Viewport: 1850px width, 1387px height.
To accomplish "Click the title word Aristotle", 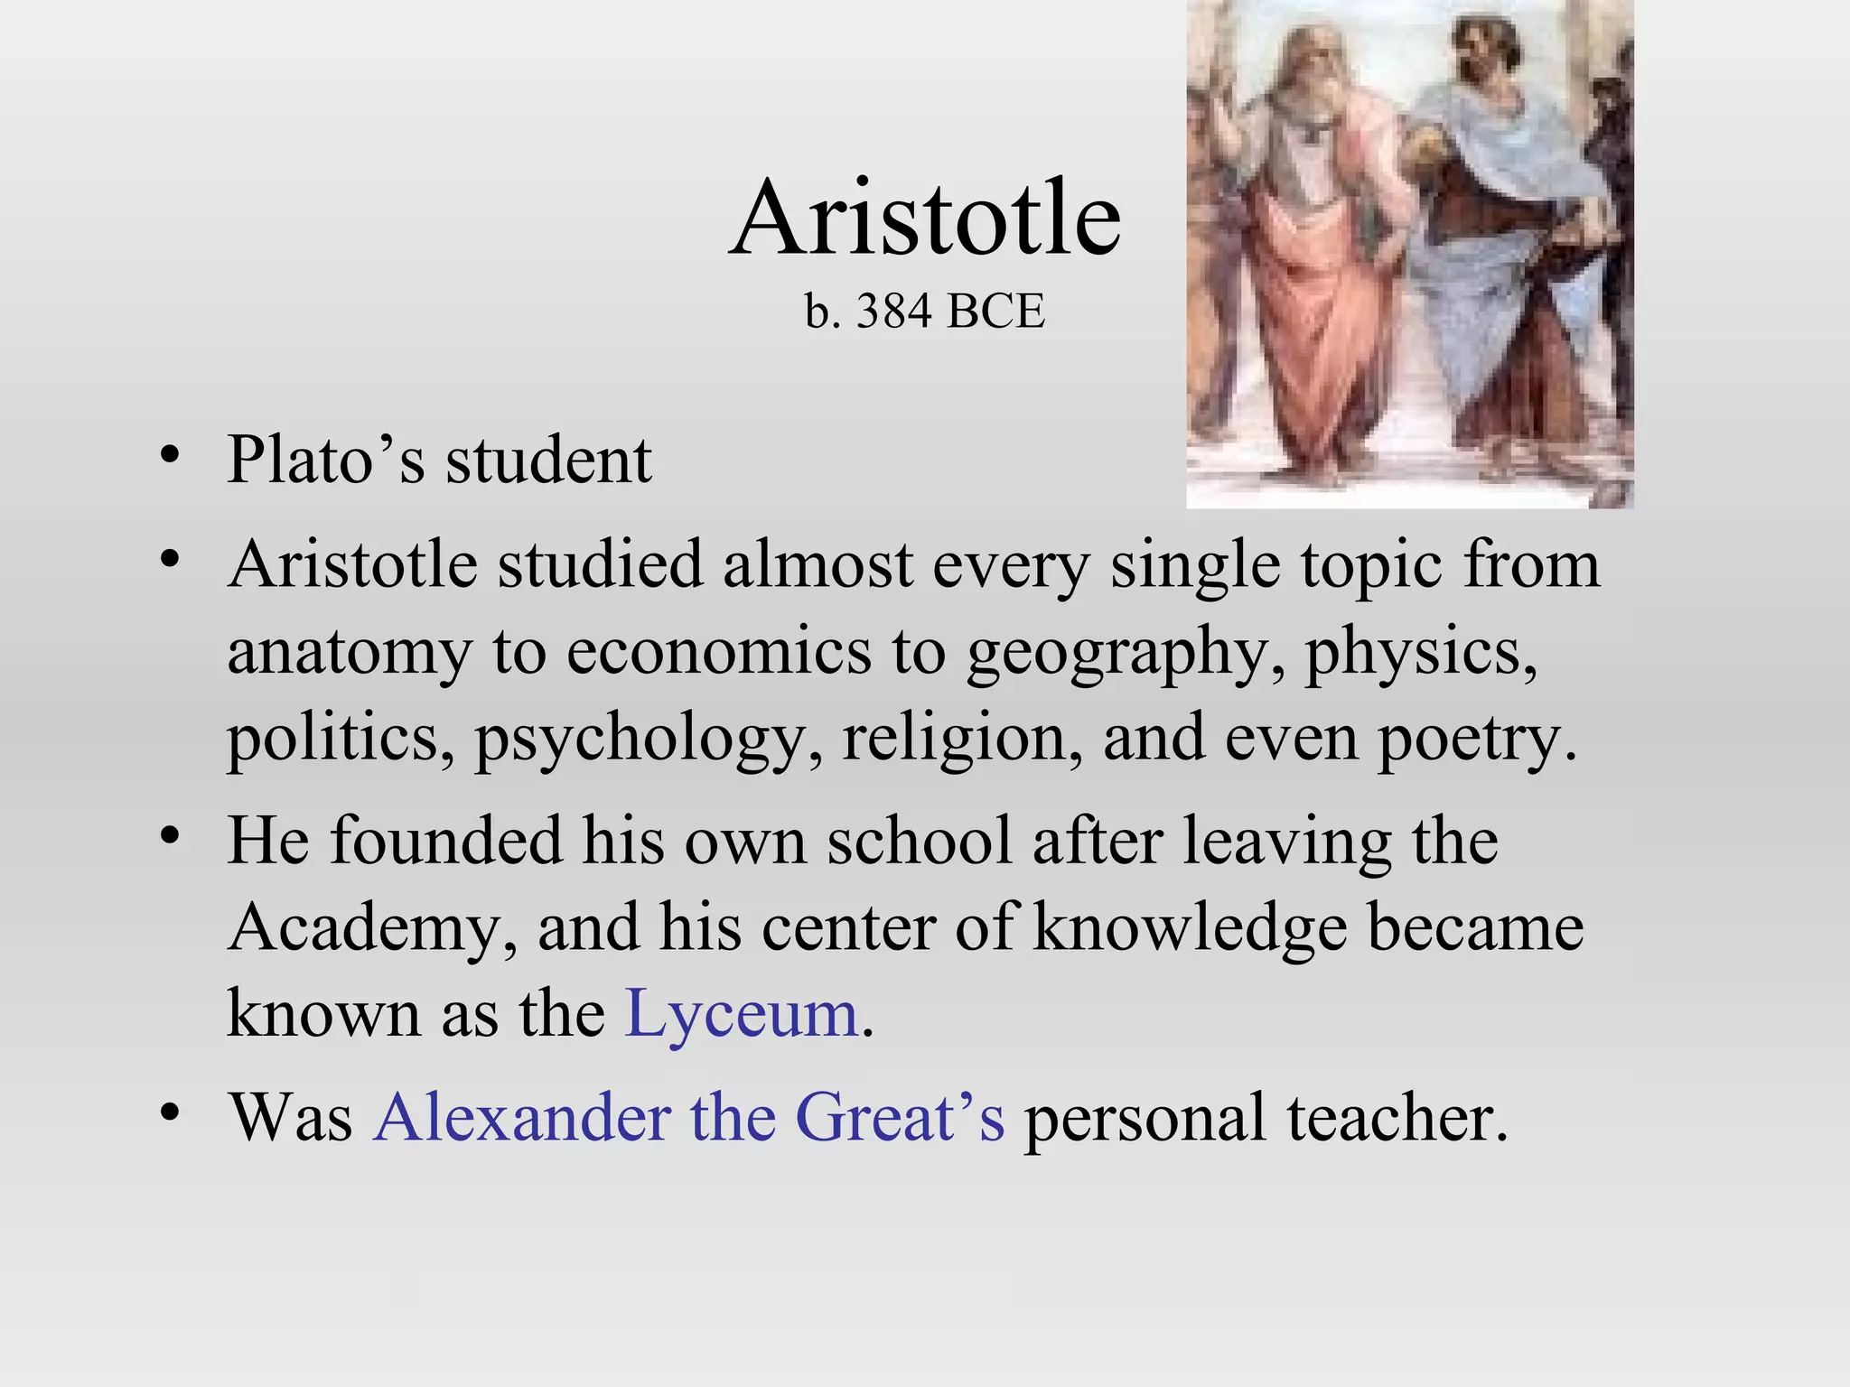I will click(925, 219).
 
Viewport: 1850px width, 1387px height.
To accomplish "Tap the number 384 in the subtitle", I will click(893, 312).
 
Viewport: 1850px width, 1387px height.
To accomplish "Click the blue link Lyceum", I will click(741, 1013).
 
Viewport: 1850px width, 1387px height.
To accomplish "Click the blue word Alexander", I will click(521, 1117).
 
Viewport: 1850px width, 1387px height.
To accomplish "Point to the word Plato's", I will click(325, 460).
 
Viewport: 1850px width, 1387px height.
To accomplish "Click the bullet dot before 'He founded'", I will click(169, 836).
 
